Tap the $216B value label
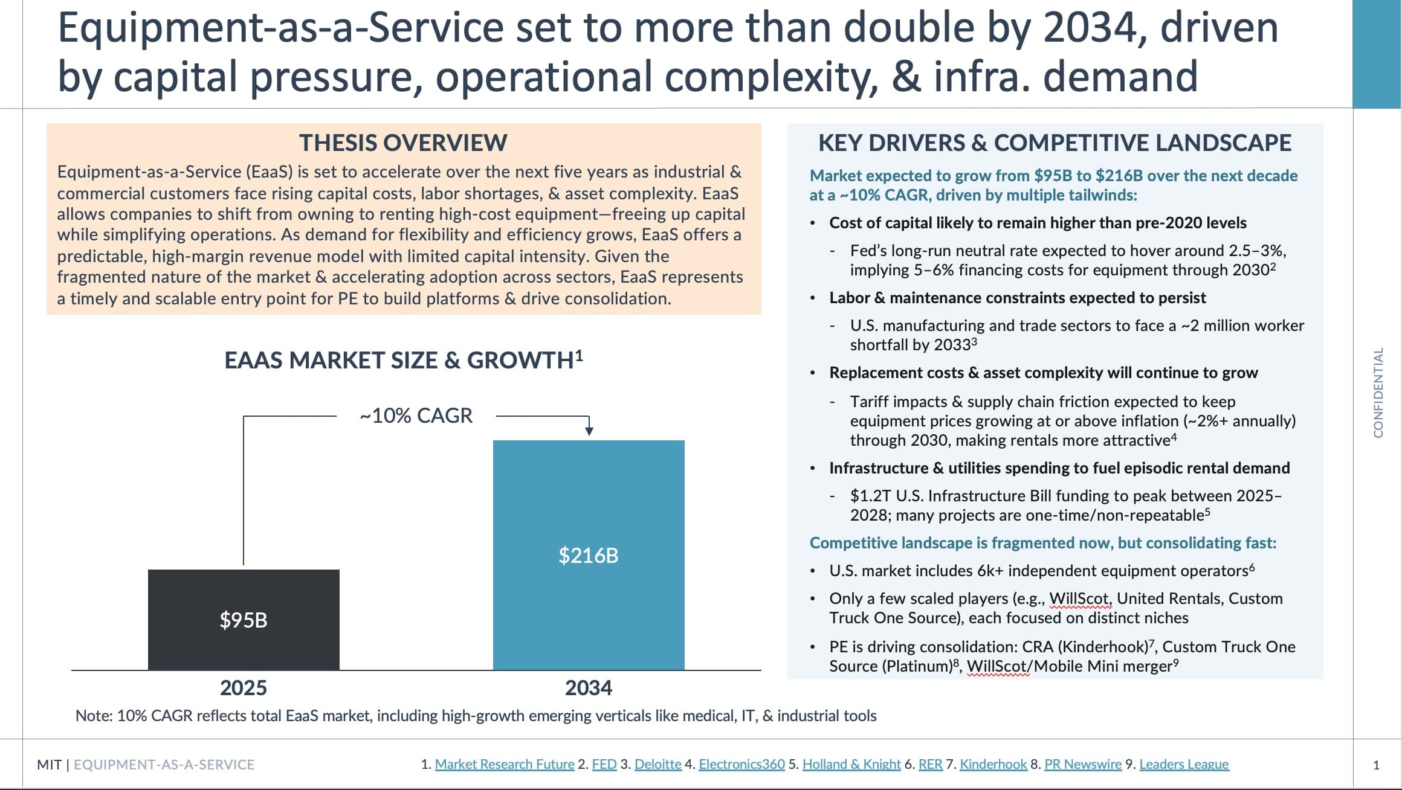pos(589,556)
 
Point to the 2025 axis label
pos(244,688)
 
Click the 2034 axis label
pos(589,688)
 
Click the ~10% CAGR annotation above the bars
pos(416,416)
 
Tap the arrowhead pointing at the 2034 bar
pos(589,431)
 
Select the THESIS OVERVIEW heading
pos(403,143)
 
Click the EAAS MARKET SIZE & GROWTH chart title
pos(403,360)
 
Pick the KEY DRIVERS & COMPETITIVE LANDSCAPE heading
pos(1055,143)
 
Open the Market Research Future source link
pos(505,764)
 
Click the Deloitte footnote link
pos(658,764)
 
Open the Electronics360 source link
pos(741,764)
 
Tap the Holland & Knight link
pos(851,764)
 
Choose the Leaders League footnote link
pos(1184,764)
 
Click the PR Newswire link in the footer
pos(1083,764)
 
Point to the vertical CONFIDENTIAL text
pos(1378,393)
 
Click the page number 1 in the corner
pos(1377,765)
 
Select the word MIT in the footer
pos(49,765)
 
